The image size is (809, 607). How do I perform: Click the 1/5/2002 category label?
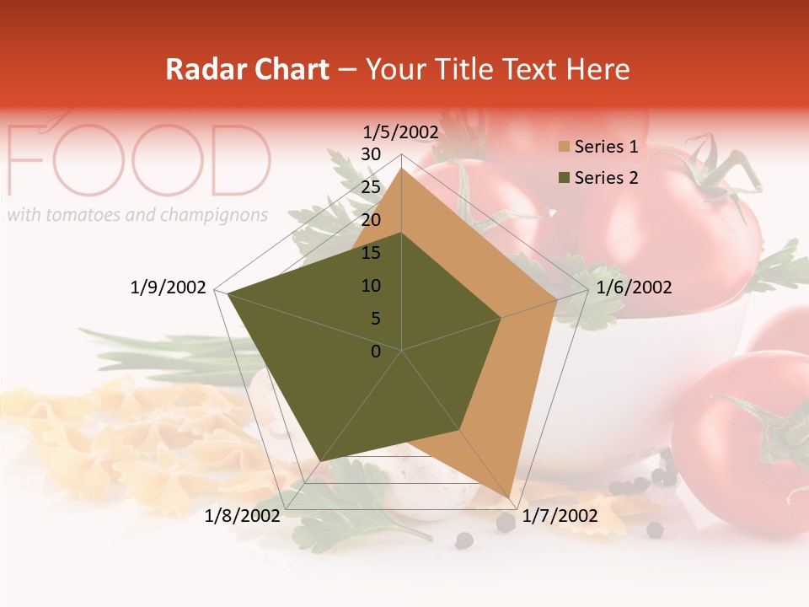(x=401, y=132)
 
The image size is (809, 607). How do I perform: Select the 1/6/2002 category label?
(x=634, y=287)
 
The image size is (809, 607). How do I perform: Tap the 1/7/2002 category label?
(x=560, y=516)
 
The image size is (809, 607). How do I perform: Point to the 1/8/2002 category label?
(x=243, y=516)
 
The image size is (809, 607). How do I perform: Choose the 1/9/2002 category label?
(x=169, y=287)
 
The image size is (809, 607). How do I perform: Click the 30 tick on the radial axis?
(x=371, y=154)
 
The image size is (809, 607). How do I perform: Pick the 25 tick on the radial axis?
(x=371, y=187)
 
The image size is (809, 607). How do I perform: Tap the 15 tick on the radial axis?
(x=371, y=253)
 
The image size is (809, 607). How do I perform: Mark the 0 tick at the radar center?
(x=376, y=352)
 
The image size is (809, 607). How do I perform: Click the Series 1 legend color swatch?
(x=564, y=148)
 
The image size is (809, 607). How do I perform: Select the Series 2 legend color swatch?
(x=564, y=178)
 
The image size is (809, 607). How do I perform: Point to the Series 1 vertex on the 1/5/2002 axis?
(x=401, y=169)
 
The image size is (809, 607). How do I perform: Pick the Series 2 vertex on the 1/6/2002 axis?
(x=501, y=318)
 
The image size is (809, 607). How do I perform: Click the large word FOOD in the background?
(x=139, y=160)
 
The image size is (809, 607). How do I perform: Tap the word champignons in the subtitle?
(x=213, y=215)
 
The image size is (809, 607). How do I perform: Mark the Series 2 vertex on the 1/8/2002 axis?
(x=321, y=460)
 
